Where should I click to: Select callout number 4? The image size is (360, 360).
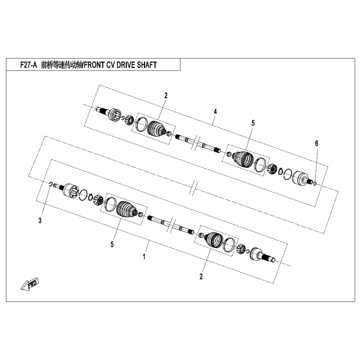coord(215,111)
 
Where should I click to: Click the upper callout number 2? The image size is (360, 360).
coord(166,95)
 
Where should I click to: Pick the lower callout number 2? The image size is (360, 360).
coord(201,276)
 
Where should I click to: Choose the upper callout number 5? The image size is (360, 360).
coord(253,123)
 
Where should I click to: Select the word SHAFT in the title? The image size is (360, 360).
coord(144,65)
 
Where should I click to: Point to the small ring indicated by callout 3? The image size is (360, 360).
coord(50,184)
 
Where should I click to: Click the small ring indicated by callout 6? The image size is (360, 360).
coord(315,184)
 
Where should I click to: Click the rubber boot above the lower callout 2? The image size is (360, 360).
coord(213,240)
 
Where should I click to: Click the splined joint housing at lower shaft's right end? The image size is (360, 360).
coord(259,256)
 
